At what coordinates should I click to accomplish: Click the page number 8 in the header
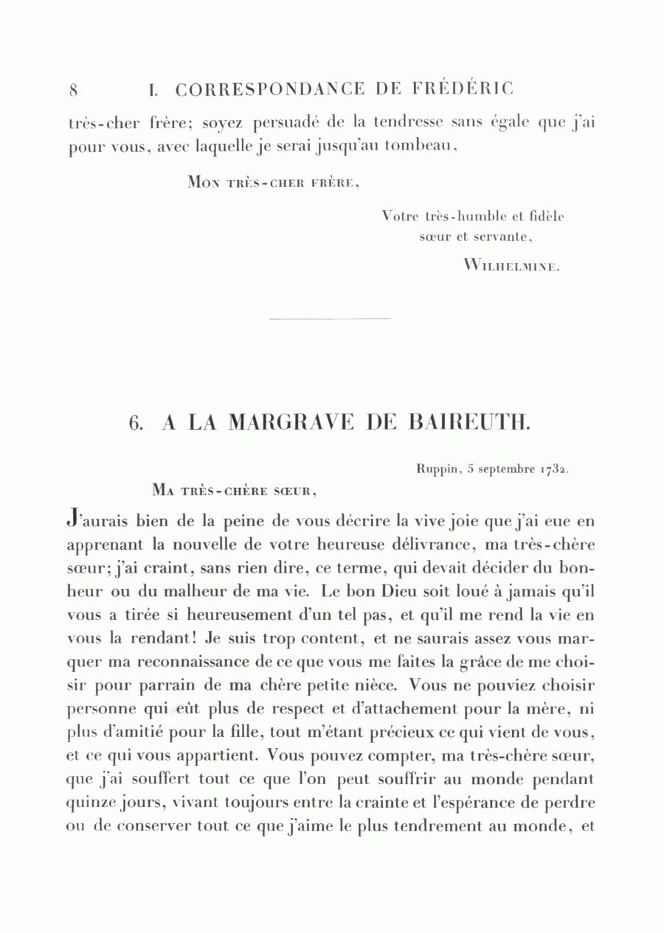pos(74,91)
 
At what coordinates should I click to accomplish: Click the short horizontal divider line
pos(330,319)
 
